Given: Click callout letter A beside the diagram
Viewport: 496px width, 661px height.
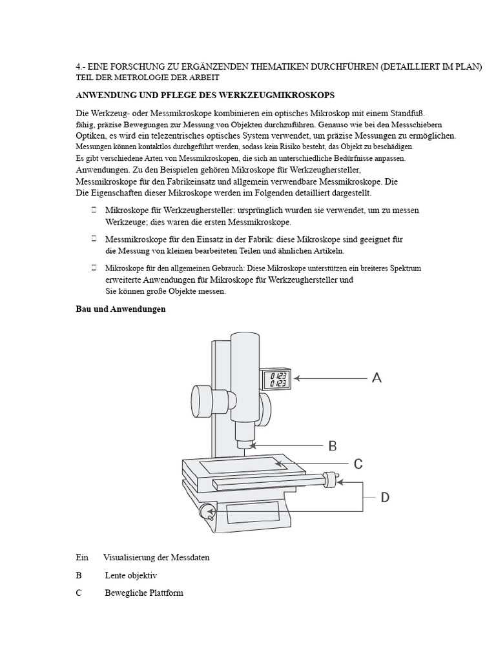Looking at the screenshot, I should [377, 378].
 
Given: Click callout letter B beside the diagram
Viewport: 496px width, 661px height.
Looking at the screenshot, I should [333, 445].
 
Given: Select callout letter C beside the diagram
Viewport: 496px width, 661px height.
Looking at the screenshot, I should [358, 463].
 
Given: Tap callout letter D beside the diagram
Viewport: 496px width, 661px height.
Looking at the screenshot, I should [384, 497].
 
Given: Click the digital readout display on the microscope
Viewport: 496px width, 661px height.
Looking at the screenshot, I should [279, 379].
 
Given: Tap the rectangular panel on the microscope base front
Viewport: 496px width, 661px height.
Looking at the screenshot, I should [253, 514].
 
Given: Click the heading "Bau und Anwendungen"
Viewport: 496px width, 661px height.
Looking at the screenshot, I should [121, 309].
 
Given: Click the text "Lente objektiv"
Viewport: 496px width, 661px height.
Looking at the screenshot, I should [131, 575].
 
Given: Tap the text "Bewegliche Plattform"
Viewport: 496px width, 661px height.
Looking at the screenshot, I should [144, 593].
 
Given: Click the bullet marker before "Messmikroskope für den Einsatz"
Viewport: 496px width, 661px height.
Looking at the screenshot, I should [94, 239].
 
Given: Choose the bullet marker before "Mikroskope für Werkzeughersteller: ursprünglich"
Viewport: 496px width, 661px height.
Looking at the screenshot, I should [94, 210].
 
